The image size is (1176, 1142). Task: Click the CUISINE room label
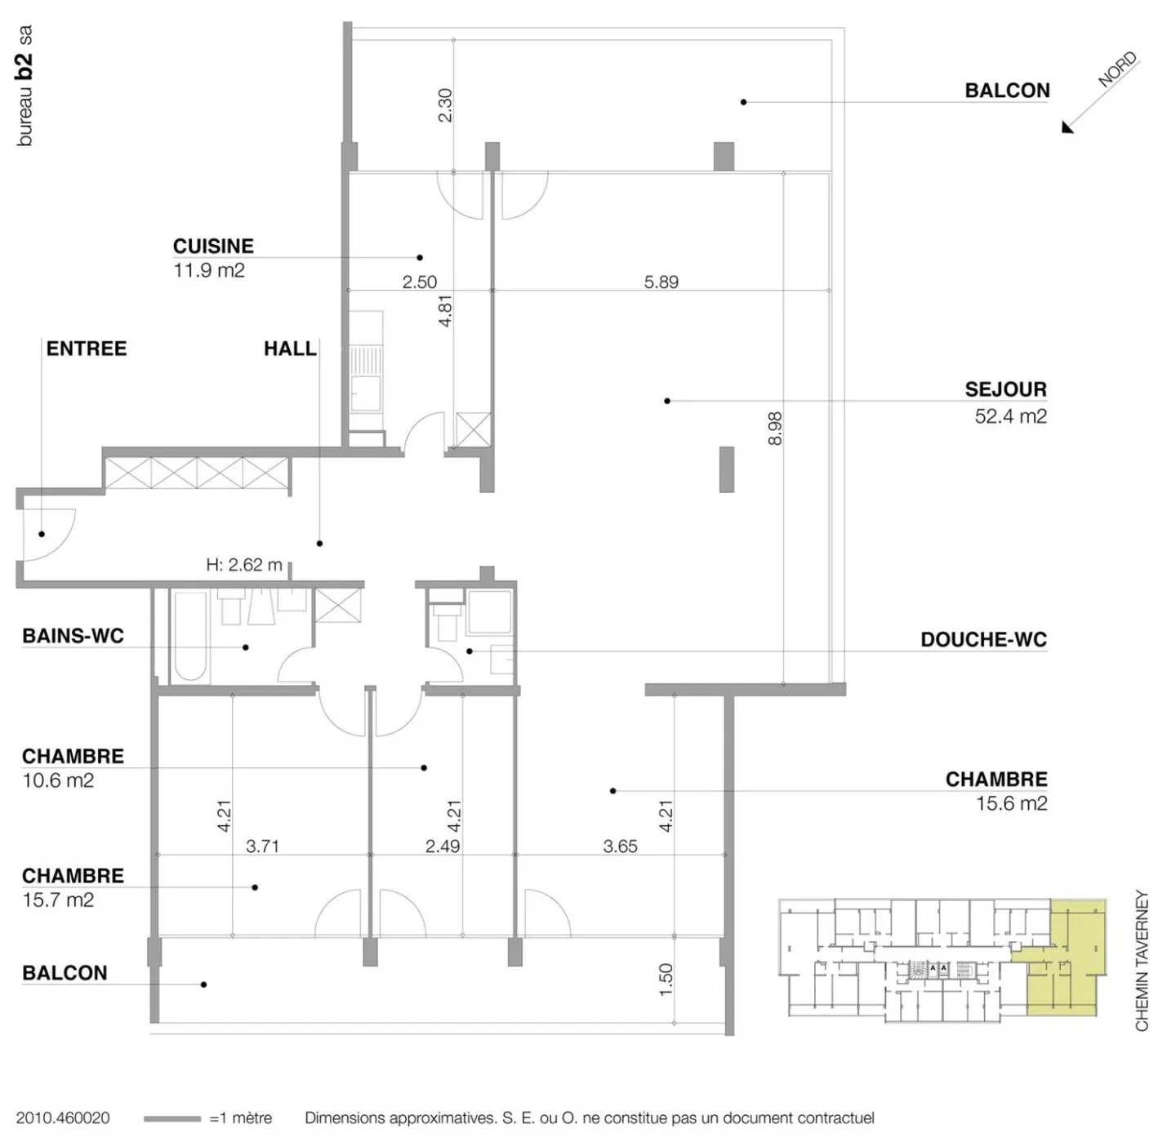pyautogui.click(x=213, y=247)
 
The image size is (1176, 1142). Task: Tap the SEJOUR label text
pyautogui.click(x=1005, y=389)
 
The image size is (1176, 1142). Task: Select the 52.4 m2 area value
pyautogui.click(x=1010, y=416)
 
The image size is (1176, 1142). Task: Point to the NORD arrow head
pyautogui.click(x=1068, y=127)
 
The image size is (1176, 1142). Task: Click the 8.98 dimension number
pyautogui.click(x=775, y=429)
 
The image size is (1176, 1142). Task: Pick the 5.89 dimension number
pyautogui.click(x=661, y=282)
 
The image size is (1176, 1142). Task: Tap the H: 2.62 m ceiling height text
pyautogui.click(x=244, y=565)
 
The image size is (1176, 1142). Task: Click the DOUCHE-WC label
pyautogui.click(x=984, y=640)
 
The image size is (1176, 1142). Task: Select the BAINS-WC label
pyautogui.click(x=73, y=636)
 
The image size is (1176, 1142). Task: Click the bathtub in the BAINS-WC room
pyautogui.click(x=191, y=637)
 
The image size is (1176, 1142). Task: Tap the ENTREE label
pyautogui.click(x=87, y=349)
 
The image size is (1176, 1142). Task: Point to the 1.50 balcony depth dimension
pyautogui.click(x=666, y=980)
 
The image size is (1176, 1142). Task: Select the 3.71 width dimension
pyautogui.click(x=262, y=846)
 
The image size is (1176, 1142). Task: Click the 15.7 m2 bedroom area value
pyautogui.click(x=58, y=900)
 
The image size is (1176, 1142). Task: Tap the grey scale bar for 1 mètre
pyautogui.click(x=172, y=1118)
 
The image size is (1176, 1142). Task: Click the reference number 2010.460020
pyautogui.click(x=63, y=1118)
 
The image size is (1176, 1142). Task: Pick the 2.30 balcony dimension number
pyautogui.click(x=445, y=105)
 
